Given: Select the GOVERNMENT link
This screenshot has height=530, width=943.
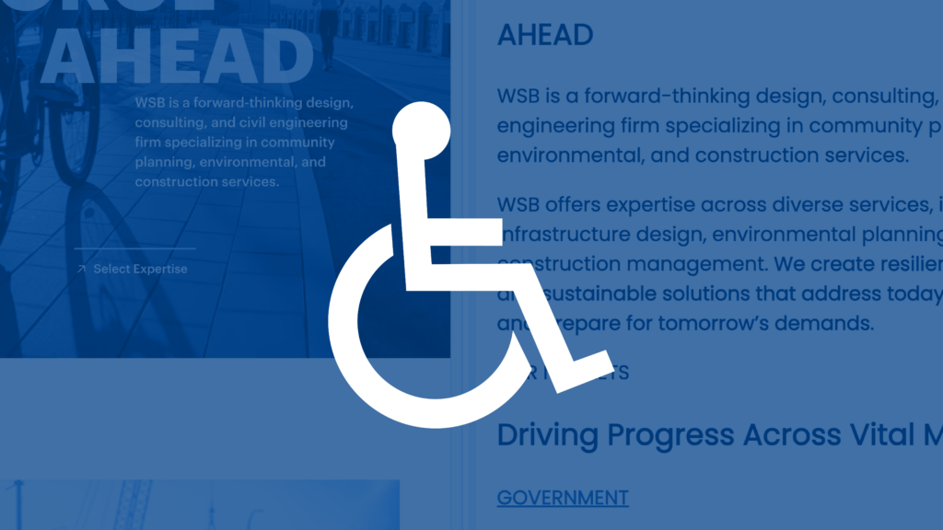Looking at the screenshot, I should point(563,498).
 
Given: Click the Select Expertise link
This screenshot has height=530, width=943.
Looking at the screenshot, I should point(140,269).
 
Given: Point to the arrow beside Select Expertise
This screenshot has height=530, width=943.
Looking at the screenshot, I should point(81,269).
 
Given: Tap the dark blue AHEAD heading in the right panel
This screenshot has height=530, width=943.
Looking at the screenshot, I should point(545,35).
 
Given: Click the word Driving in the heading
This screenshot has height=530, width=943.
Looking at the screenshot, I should point(551,435).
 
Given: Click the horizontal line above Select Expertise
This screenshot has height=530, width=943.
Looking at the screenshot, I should point(134,248).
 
